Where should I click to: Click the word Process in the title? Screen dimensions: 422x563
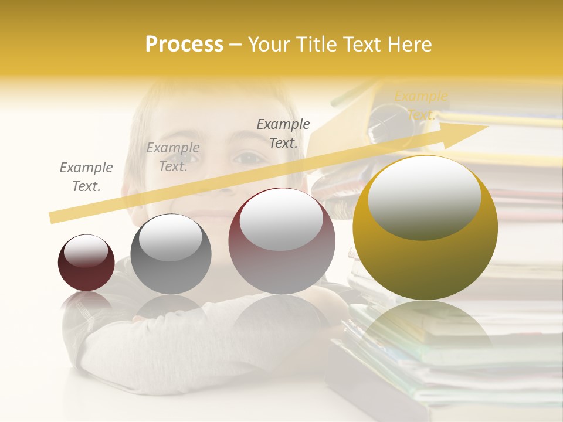tap(184, 45)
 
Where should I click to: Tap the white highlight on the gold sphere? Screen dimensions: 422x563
tap(424, 196)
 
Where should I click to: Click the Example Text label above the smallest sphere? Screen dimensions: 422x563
tap(86, 177)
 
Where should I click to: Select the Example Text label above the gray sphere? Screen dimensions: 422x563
tap(173, 157)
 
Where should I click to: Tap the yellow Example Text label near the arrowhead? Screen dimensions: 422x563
tap(420, 105)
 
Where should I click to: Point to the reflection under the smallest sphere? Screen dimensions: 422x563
tap(86, 302)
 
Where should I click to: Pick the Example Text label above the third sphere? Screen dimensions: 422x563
tap(283, 133)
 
